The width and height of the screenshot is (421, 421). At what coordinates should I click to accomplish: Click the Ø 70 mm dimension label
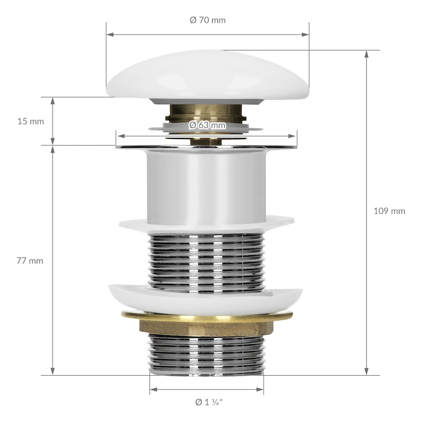[207, 20]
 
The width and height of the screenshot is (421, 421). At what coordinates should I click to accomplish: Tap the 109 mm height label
[389, 211]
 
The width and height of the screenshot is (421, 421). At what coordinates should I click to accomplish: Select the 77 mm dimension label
[30, 260]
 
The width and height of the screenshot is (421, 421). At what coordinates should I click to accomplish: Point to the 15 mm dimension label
[31, 122]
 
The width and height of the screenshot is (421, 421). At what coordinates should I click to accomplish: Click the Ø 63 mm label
[207, 125]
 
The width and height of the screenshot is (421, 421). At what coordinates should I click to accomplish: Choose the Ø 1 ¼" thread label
[209, 402]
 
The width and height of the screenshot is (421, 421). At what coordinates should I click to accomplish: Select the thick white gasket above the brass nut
[206, 299]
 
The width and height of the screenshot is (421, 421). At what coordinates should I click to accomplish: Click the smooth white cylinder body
[206, 187]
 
